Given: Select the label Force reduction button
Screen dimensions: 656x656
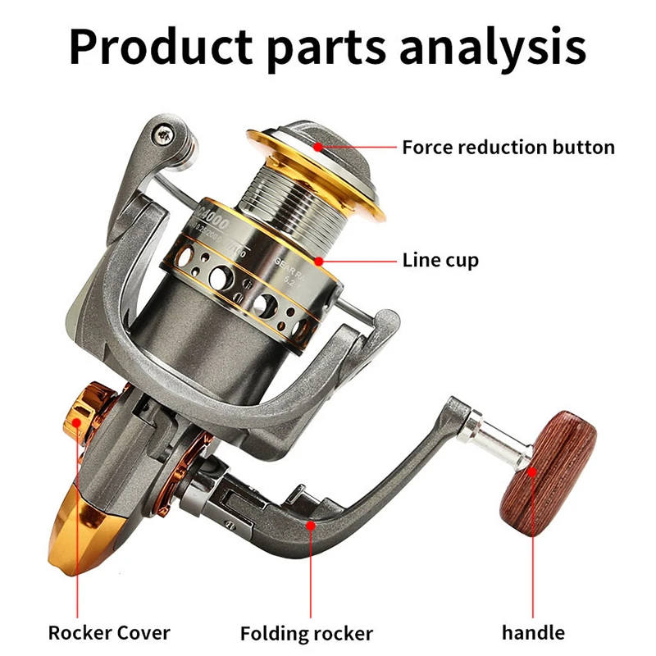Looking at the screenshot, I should click(x=508, y=148).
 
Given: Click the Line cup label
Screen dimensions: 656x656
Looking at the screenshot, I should click(x=440, y=261).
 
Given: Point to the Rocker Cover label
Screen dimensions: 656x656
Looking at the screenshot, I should click(x=109, y=632).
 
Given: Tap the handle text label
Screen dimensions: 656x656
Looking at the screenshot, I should click(x=533, y=632).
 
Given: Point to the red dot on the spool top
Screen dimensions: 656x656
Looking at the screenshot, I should click(x=317, y=148).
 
